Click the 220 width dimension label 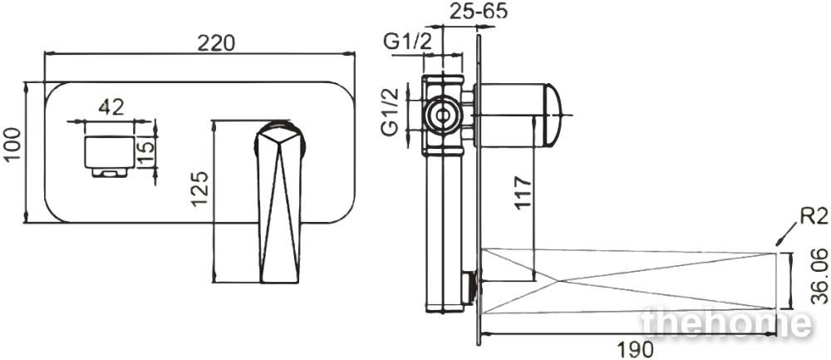coord(216,43)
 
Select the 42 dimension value coord(111,106)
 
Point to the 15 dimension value coord(147,151)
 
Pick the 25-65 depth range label coord(479,11)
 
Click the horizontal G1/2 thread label coord(409,42)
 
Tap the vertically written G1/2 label coord(392,112)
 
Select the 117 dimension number coord(523,194)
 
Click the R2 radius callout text coord(813,216)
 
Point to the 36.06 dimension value coord(819,277)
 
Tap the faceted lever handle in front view coord(279,202)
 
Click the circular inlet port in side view coord(441,115)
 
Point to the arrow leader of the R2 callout coord(786,234)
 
